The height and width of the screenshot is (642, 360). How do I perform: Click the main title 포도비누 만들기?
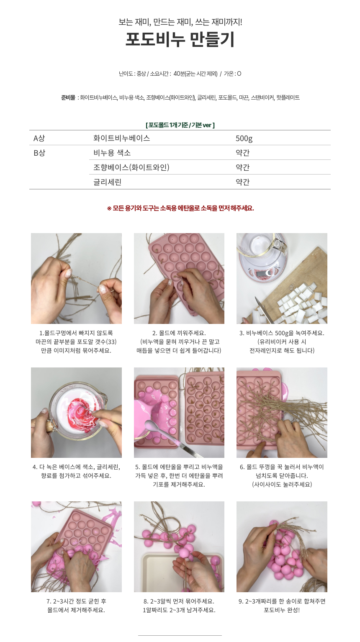click(180, 39)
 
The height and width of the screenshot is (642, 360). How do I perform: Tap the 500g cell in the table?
click(244, 139)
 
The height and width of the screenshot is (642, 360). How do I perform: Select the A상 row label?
click(39, 138)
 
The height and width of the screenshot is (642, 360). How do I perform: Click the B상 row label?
click(39, 153)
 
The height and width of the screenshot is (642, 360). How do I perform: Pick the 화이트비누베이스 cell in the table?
click(121, 138)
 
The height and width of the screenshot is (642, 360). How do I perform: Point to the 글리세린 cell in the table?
click(108, 182)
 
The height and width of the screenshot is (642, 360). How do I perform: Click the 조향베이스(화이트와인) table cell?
click(131, 167)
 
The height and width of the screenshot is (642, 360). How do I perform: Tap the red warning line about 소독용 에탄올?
click(180, 208)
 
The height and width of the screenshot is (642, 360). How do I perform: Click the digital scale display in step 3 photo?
click(262, 274)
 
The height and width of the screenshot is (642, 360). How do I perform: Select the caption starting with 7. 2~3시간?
click(76, 605)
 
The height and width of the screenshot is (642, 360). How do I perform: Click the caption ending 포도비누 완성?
click(282, 605)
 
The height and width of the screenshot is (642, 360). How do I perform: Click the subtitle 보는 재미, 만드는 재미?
click(180, 22)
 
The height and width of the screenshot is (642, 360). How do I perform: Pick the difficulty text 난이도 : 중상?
click(132, 74)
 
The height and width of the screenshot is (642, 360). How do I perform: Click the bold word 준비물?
click(68, 98)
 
